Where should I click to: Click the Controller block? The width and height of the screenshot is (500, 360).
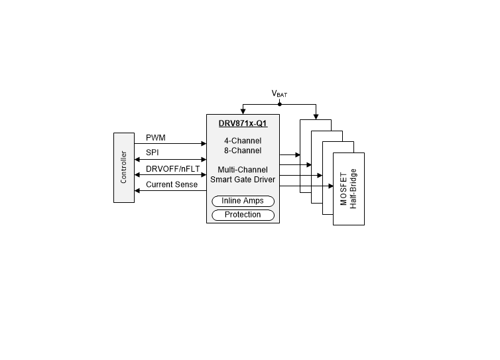[x=124, y=168]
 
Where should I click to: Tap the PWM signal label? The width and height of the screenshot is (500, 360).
[x=156, y=138]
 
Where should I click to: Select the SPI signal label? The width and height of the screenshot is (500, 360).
[x=153, y=152]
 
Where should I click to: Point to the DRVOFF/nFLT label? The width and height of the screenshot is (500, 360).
[x=173, y=168]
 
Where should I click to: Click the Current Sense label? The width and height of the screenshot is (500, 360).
[x=172, y=184]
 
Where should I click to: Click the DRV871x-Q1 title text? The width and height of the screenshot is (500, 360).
[x=243, y=123]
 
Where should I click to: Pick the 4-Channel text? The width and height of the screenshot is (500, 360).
[x=243, y=141]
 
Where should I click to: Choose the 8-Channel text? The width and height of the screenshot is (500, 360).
[x=243, y=150]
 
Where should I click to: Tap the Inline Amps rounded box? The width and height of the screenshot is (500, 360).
[x=243, y=201]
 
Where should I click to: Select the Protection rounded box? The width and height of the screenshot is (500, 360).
[x=243, y=215]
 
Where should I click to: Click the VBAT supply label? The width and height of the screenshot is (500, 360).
[x=279, y=93]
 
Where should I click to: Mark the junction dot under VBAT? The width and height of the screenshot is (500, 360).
[x=280, y=104]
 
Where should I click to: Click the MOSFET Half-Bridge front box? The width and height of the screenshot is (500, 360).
[x=349, y=189]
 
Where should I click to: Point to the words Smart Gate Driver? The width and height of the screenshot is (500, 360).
[x=243, y=180]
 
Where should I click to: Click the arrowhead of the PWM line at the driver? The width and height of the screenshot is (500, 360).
[x=204, y=143]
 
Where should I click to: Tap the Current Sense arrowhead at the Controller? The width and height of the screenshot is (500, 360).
[x=137, y=191]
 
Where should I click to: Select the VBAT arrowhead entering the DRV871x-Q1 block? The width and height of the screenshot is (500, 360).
[x=243, y=111]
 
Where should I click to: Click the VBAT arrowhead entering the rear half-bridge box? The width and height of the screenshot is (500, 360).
[x=316, y=117]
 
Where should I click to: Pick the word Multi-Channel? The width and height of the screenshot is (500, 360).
[x=243, y=170]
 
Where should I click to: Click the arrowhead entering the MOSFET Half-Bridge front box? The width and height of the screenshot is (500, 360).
[x=331, y=186]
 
